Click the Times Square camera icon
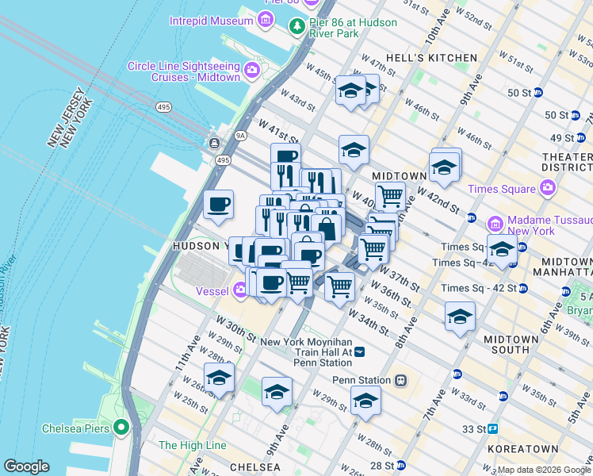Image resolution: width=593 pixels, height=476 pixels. click(x=547, y=188)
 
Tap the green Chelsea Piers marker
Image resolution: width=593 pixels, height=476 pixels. click(x=121, y=428)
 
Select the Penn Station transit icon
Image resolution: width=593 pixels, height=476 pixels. click(x=401, y=380)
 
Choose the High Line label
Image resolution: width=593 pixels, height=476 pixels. click(x=193, y=446)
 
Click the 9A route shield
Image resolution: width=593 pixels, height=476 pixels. click(x=240, y=136)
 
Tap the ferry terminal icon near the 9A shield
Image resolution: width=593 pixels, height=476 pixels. click(x=213, y=143)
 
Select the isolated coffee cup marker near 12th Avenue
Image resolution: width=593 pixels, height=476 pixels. click(x=218, y=204)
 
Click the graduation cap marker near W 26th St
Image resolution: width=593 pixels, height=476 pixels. click(x=219, y=377)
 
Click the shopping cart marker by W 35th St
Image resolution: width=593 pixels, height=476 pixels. click(x=339, y=285)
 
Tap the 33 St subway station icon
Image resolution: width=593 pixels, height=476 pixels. click(x=492, y=429)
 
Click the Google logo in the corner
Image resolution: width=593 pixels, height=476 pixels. click(x=26, y=466)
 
